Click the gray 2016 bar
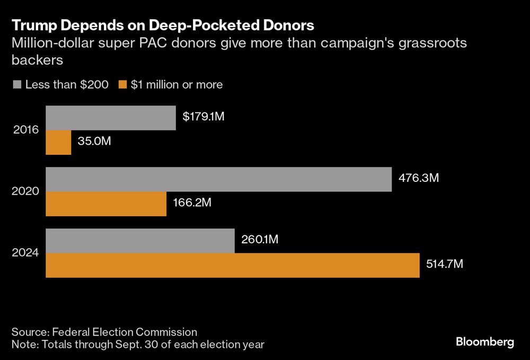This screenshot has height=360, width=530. (x=111, y=118)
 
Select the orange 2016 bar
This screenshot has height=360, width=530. (x=58, y=143)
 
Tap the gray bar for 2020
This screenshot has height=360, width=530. (x=218, y=179)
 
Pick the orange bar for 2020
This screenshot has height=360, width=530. (x=106, y=204)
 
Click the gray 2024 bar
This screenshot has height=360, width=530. (x=140, y=241)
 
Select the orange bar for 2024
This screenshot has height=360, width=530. (x=233, y=265)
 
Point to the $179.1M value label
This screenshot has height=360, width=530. (x=204, y=117)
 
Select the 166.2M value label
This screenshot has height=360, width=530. (x=192, y=204)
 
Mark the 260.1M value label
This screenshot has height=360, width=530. (x=260, y=240)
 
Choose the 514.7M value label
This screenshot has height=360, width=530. (x=445, y=265)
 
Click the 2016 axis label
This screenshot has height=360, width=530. (x=25, y=130)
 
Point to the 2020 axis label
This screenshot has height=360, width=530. (x=25, y=191)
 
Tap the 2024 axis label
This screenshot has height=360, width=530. (x=25, y=253)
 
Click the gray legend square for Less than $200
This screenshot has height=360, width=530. (x=16, y=84)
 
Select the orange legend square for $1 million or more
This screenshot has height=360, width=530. (x=122, y=84)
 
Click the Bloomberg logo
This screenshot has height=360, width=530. (x=485, y=343)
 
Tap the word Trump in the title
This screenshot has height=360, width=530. (x=31, y=25)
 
